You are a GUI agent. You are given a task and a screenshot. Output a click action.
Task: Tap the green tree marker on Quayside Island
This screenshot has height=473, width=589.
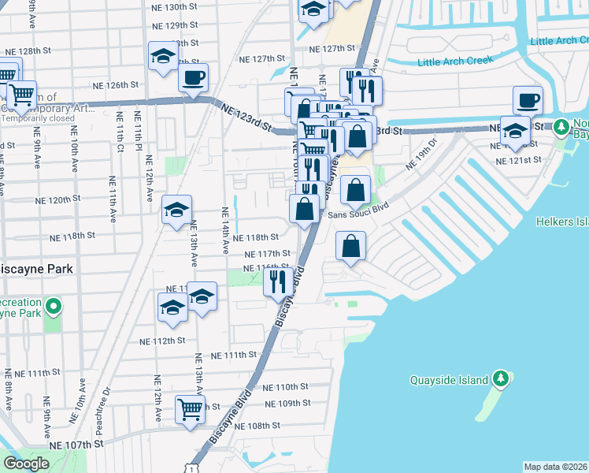click(500, 379)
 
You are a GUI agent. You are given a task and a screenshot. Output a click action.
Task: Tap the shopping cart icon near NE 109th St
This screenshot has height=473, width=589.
click(191, 409)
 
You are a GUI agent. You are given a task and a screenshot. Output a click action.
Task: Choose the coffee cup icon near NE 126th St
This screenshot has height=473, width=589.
click(193, 77)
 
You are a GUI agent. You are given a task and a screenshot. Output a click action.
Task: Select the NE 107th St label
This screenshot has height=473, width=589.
click(76, 445)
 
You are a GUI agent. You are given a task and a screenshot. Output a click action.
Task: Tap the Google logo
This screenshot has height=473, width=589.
click(26, 464)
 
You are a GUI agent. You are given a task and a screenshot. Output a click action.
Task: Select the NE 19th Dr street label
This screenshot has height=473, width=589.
click(420, 155)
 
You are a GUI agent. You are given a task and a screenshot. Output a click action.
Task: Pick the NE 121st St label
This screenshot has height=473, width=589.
click(519, 160)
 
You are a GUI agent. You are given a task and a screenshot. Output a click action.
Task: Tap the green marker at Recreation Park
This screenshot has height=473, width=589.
click(53, 305)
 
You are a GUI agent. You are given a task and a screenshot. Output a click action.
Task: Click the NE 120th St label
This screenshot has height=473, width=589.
click(71, 200)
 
